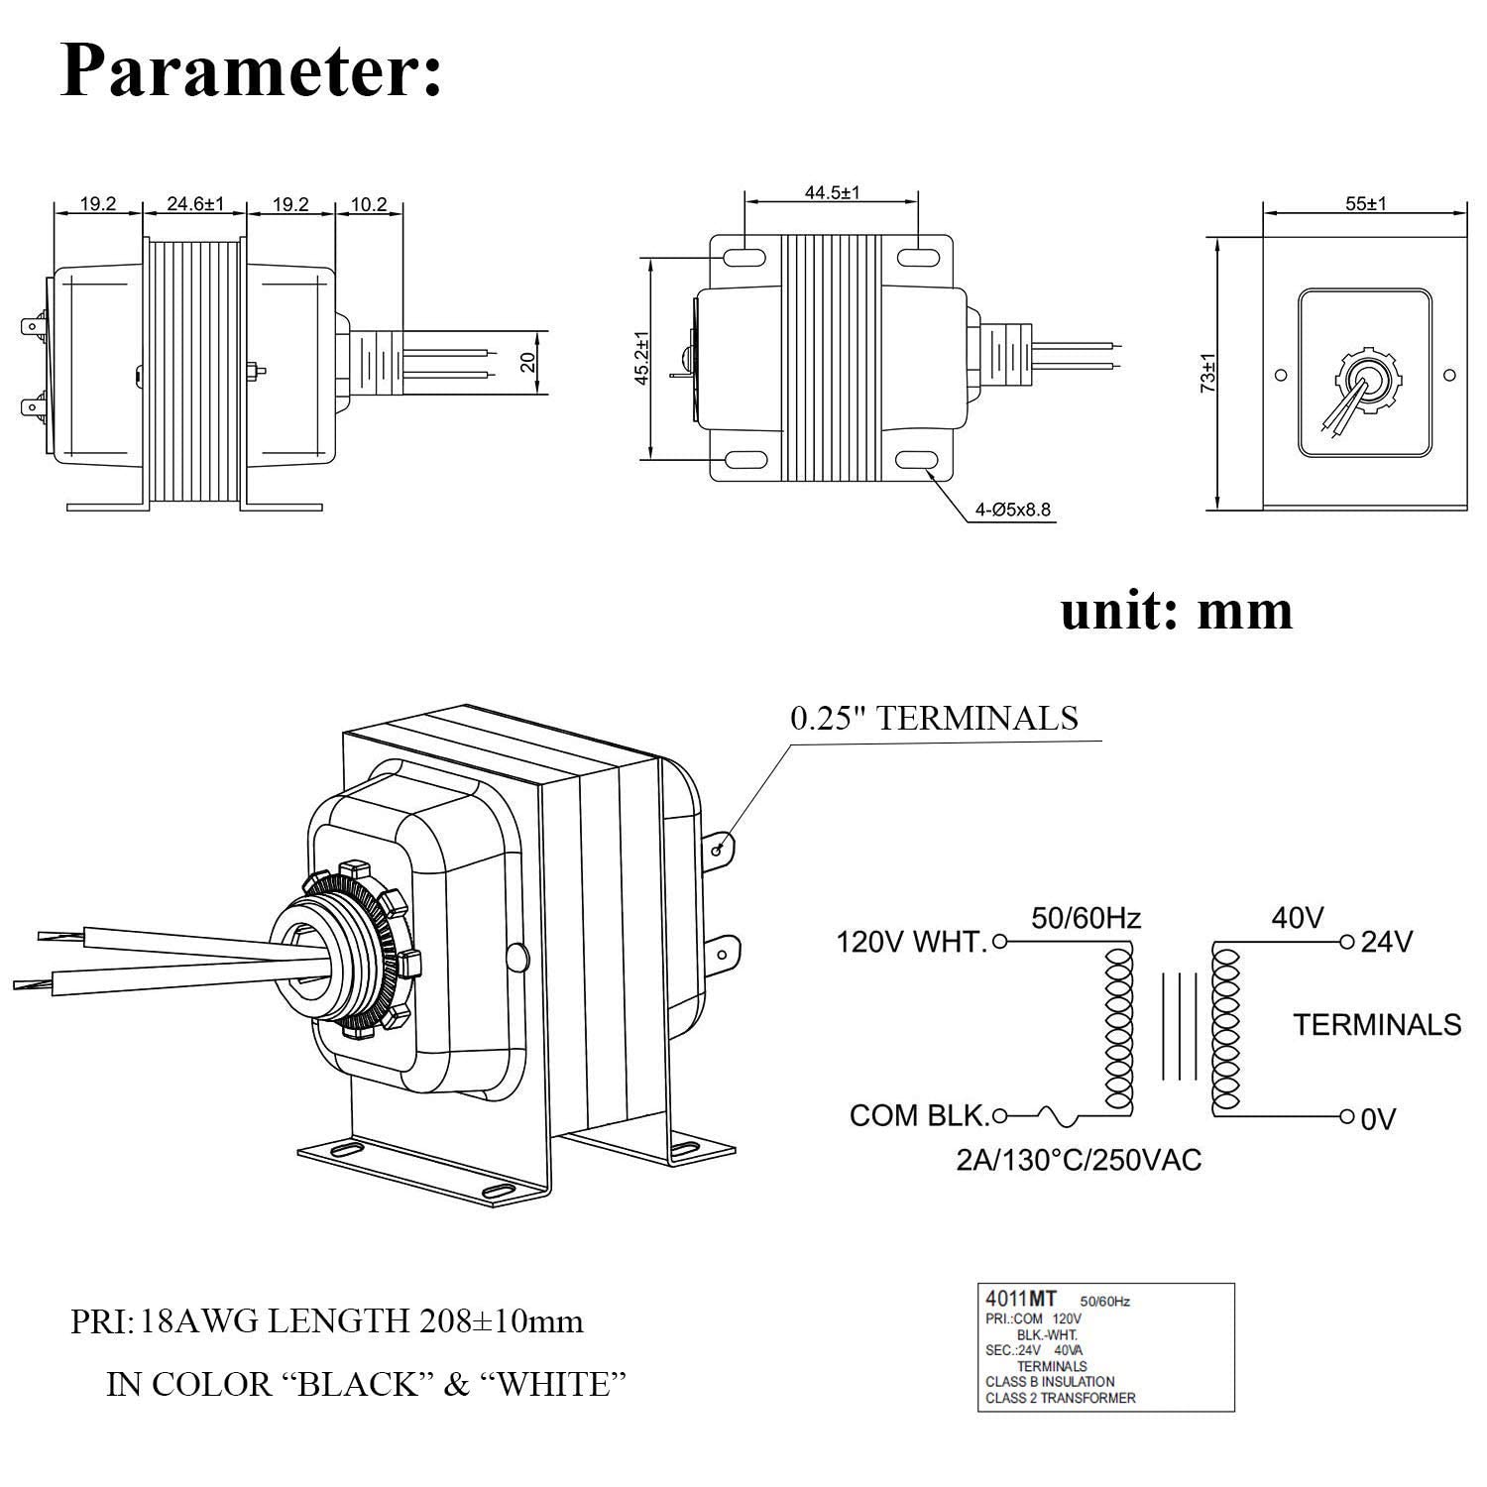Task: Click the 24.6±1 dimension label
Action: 195,204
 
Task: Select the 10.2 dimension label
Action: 368,204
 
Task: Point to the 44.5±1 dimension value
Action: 832,192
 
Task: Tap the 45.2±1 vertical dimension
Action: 643,358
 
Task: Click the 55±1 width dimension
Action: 1365,204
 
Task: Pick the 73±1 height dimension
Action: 1207,373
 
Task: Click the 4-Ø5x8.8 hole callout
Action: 1012,511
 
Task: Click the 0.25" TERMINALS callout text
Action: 934,718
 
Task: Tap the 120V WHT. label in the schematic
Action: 912,941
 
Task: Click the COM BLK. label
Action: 919,1116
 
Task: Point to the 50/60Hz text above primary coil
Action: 1086,918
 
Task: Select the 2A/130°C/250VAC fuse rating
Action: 1079,1160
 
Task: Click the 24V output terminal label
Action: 1387,941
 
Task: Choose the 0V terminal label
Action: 1378,1120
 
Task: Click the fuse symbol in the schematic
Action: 1058,1116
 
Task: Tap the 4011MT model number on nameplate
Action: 1020,1299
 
